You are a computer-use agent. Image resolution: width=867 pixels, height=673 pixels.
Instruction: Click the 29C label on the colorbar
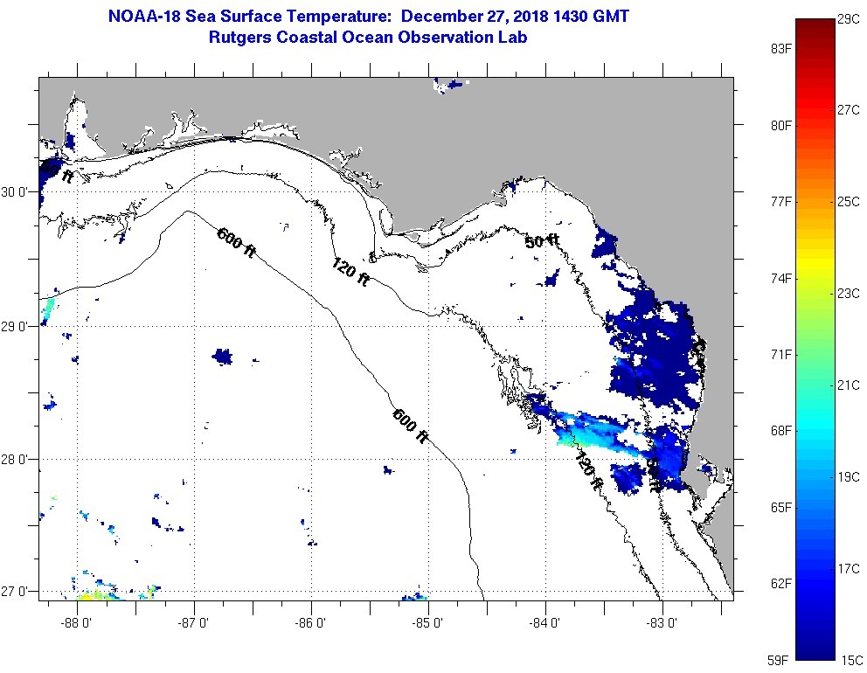pos(849,19)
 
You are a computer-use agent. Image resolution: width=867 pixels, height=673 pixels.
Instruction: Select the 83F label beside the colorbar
pos(780,49)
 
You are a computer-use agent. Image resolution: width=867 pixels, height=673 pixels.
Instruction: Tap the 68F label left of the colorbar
pos(780,431)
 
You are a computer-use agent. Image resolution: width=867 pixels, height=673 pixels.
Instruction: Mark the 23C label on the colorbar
pos(849,294)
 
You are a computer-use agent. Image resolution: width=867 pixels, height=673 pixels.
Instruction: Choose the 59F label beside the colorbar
pos(780,660)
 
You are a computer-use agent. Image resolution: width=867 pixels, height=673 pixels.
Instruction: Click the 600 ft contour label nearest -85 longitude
pos(410,427)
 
